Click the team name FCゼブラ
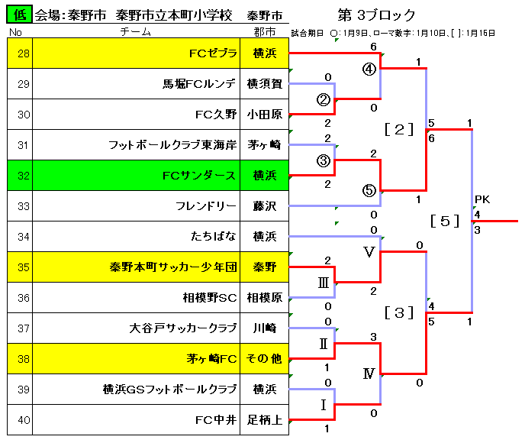pyautogui.click(x=213, y=53)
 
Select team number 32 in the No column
pyautogui.click(x=24, y=176)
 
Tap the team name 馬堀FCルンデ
pyautogui.click(x=199, y=84)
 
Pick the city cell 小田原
pyautogui.click(x=265, y=115)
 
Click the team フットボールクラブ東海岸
pyautogui.click(x=172, y=145)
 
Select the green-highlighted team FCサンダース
pyautogui.click(x=199, y=176)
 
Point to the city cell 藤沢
pyautogui.click(x=265, y=206)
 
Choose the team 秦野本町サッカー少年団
pyautogui.click(x=173, y=267)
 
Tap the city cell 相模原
pyautogui.click(x=265, y=298)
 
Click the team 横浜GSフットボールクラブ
pyautogui.click(x=169, y=390)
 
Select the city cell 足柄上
pyautogui.click(x=265, y=420)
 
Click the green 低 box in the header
pyautogui.click(x=19, y=15)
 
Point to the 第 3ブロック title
pyautogui.click(x=377, y=15)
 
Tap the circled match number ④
pyautogui.click(x=369, y=70)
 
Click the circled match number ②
pyautogui.click(x=324, y=99)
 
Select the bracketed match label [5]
pyautogui.click(x=445, y=221)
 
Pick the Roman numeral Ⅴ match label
pyautogui.click(x=369, y=251)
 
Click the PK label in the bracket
pyautogui.click(x=482, y=199)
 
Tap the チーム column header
pyautogui.click(x=136, y=32)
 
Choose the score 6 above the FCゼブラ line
pyautogui.click(x=374, y=47)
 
